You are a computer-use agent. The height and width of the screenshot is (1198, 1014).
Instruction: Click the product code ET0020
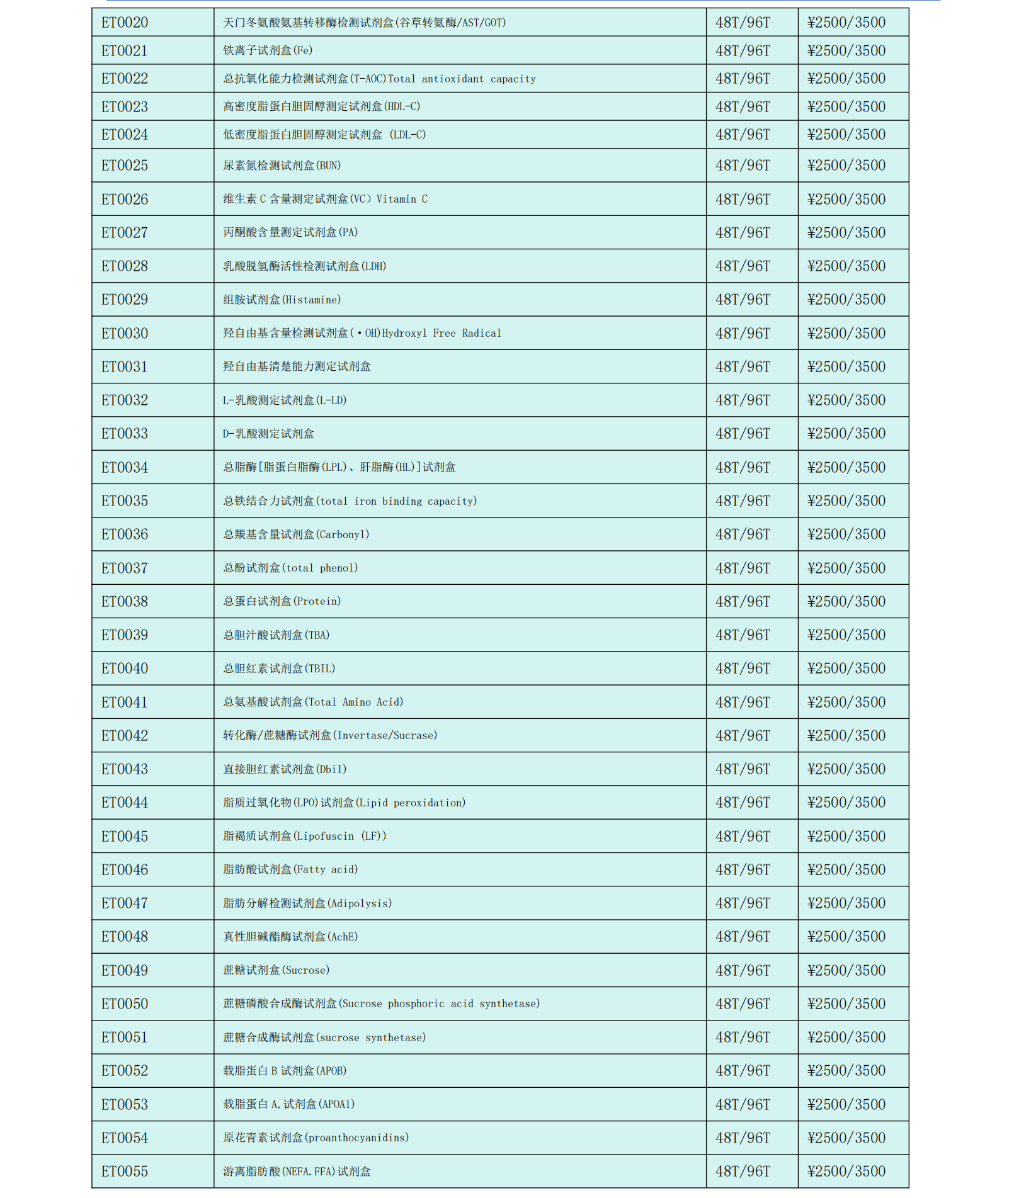coord(125,23)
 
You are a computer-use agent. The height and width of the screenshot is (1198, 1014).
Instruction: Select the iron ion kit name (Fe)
coord(268,50)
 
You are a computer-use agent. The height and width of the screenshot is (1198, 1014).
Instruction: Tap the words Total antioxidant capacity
coord(462,79)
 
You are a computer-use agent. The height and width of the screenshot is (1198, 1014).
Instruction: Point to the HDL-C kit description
coord(321,106)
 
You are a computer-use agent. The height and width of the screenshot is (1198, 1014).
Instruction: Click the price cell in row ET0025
coord(846,166)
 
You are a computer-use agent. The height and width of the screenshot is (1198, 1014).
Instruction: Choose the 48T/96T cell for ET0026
coord(743,199)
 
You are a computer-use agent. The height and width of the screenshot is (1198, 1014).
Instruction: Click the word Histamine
coord(312,300)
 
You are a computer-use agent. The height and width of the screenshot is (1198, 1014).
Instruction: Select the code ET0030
coord(125,333)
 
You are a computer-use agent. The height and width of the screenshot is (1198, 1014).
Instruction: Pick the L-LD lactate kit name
coord(285,400)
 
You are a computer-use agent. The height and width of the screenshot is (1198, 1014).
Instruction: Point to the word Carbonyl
coord(342,534)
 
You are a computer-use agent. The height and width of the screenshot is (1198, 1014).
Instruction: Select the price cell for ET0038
coord(846,601)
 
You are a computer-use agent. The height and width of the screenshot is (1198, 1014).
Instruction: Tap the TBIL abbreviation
coord(320,669)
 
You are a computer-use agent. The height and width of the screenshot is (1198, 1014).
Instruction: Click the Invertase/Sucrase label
coord(385,735)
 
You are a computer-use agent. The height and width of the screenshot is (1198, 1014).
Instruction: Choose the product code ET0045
coord(125,836)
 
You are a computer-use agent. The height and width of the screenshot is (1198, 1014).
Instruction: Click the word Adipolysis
coord(360,903)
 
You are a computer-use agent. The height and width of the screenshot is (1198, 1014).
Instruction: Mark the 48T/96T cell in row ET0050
coord(743,1003)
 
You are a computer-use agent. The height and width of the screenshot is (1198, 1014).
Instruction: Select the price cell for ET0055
coord(846,1171)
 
